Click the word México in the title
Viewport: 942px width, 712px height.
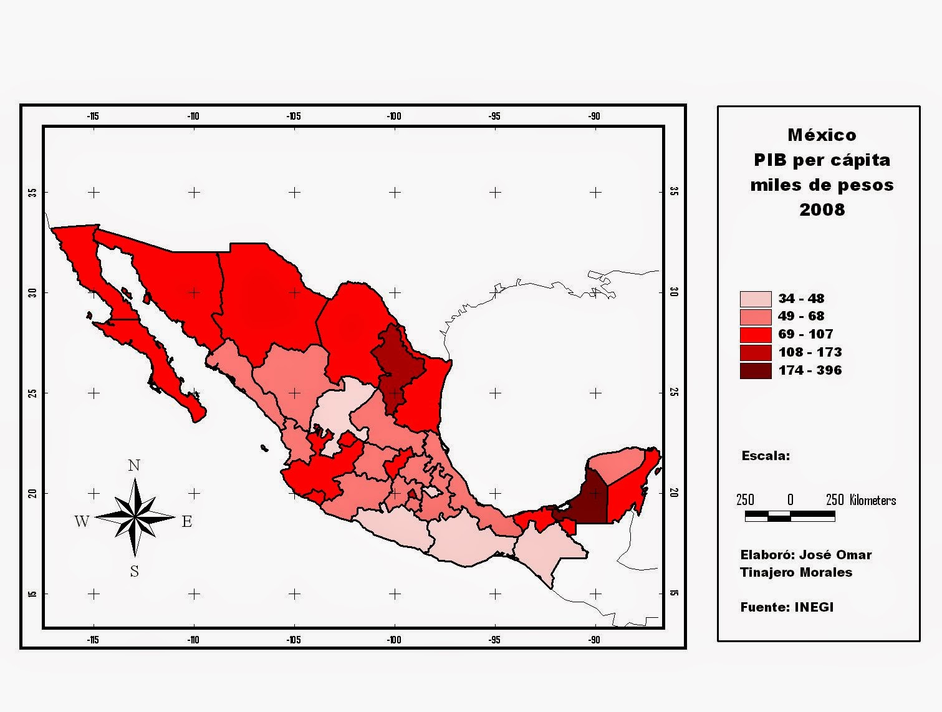[822, 135]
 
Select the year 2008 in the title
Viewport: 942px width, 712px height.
[822, 209]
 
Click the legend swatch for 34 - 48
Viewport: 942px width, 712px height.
[755, 299]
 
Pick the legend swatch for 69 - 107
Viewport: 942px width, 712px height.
[755, 335]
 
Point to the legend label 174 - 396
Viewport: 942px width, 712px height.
[810, 370]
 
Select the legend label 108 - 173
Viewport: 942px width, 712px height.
[810, 352]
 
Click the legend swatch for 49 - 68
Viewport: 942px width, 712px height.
[755, 317]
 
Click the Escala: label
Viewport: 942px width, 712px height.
[766, 456]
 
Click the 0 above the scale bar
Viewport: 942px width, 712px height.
[790, 500]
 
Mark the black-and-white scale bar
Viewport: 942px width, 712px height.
[790, 516]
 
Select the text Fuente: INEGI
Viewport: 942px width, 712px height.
[787, 607]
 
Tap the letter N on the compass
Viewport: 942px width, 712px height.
[134, 466]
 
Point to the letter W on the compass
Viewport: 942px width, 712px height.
[82, 521]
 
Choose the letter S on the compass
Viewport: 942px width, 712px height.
[134, 571]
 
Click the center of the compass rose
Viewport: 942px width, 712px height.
[135, 517]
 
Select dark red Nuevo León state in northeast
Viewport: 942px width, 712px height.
[396, 368]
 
